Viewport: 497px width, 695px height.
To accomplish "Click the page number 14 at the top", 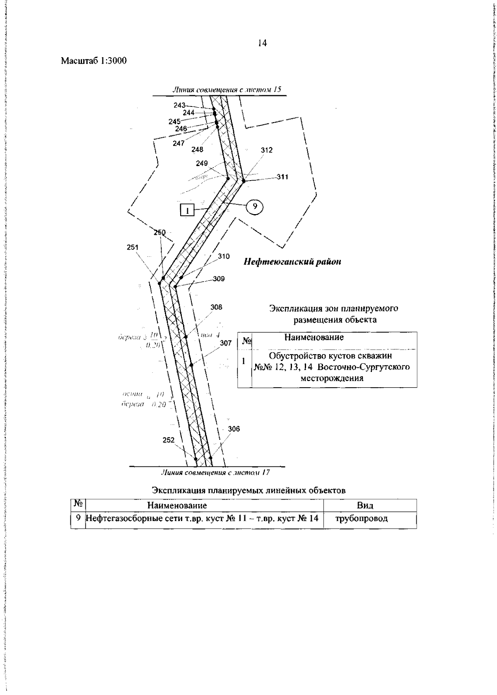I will point(262,43).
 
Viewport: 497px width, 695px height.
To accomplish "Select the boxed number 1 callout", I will point(187,211).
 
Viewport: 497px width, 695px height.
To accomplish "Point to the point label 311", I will point(282,177).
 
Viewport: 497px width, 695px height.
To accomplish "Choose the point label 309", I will point(231,279).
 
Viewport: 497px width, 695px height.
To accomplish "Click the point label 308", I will point(216,307).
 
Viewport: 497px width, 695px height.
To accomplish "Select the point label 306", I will point(234,429).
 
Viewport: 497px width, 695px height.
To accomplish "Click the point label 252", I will point(169,440).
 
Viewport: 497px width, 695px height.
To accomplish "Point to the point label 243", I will point(179,105).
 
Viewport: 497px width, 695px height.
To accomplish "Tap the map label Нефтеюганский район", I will point(298,262).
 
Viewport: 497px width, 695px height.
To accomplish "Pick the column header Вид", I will point(365,505).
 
